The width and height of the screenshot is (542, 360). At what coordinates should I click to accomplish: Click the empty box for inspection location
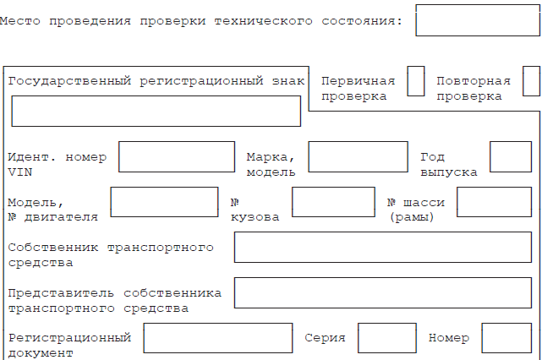pos(478,20)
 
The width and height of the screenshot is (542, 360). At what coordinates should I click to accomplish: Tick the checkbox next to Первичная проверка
pos(416,81)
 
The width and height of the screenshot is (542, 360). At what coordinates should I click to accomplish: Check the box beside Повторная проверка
pos(531,81)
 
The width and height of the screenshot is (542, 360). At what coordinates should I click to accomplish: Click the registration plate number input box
pos(156,111)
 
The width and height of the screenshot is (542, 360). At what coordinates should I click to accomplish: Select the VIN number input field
pos(177,156)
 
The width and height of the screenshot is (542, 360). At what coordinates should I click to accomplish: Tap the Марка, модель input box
pos(359,156)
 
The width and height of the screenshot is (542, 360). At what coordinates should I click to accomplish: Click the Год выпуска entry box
pos(511,156)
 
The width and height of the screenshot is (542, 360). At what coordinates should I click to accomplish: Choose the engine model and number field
pos(164,202)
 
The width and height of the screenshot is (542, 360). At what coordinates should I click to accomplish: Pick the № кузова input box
pos(333,202)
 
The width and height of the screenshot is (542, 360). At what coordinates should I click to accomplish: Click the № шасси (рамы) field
pos(495,202)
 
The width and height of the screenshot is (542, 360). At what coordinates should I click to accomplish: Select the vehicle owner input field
pos(383,248)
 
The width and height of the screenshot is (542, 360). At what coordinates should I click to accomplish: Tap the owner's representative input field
pos(383,292)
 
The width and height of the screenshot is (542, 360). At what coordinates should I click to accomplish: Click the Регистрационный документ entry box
pos(218,338)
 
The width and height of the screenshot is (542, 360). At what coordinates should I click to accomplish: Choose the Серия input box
pos(387,338)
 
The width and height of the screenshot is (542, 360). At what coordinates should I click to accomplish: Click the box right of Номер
pos(506,338)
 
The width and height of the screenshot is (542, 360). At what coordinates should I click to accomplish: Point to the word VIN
pos(20,172)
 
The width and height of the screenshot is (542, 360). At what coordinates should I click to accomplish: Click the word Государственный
pos(69,81)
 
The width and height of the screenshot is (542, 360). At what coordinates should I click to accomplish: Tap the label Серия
pos(325,338)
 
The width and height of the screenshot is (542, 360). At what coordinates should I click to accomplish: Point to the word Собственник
pos(53,248)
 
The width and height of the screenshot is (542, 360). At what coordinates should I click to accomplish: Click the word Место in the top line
pos(20,21)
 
